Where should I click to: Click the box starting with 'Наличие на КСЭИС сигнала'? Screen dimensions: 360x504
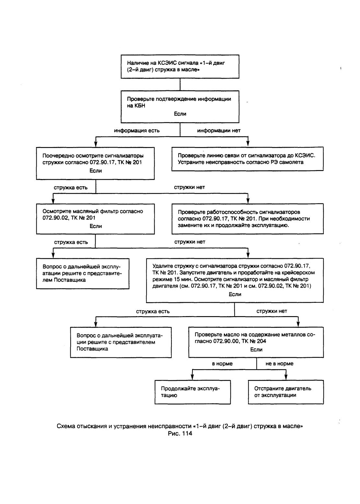coord(180,66)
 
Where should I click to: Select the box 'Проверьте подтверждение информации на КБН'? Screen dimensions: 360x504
coord(180,107)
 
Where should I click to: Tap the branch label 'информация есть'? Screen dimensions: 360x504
coord(137,131)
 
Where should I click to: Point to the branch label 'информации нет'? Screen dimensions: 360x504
coord(219,131)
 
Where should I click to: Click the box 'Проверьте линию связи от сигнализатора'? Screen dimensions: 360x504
coord(248,159)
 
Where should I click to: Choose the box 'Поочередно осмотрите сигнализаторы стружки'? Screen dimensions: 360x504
coord(95,163)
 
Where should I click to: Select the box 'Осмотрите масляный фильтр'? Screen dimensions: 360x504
coord(95,219)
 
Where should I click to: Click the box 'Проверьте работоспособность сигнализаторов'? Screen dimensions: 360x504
coord(248,219)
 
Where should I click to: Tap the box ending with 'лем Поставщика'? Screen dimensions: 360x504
coord(83,274)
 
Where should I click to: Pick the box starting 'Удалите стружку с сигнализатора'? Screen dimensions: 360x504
coord(235,281)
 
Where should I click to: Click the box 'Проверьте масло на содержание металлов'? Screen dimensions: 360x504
coord(256,342)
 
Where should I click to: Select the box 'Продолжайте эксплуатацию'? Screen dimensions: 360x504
coord(192,392)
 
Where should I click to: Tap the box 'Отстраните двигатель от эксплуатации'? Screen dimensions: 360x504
coord(286,392)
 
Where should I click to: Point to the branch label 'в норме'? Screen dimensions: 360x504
coord(222,364)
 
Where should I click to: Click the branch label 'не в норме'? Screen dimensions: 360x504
coord(279,364)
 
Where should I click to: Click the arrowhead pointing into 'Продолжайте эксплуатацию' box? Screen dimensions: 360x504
coord(192,378)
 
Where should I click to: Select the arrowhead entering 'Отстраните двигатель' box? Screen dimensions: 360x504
coord(286,378)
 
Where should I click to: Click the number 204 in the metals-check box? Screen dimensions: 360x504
coord(261,341)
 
